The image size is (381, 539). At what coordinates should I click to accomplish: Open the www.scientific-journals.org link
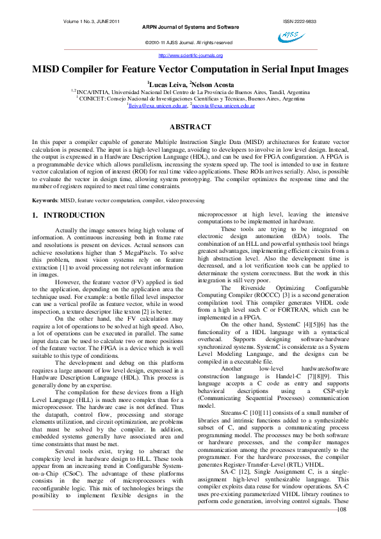190,55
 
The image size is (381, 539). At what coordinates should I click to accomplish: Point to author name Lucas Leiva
166,84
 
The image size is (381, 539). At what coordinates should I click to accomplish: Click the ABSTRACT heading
190,127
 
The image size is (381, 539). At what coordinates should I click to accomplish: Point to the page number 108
341,527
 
